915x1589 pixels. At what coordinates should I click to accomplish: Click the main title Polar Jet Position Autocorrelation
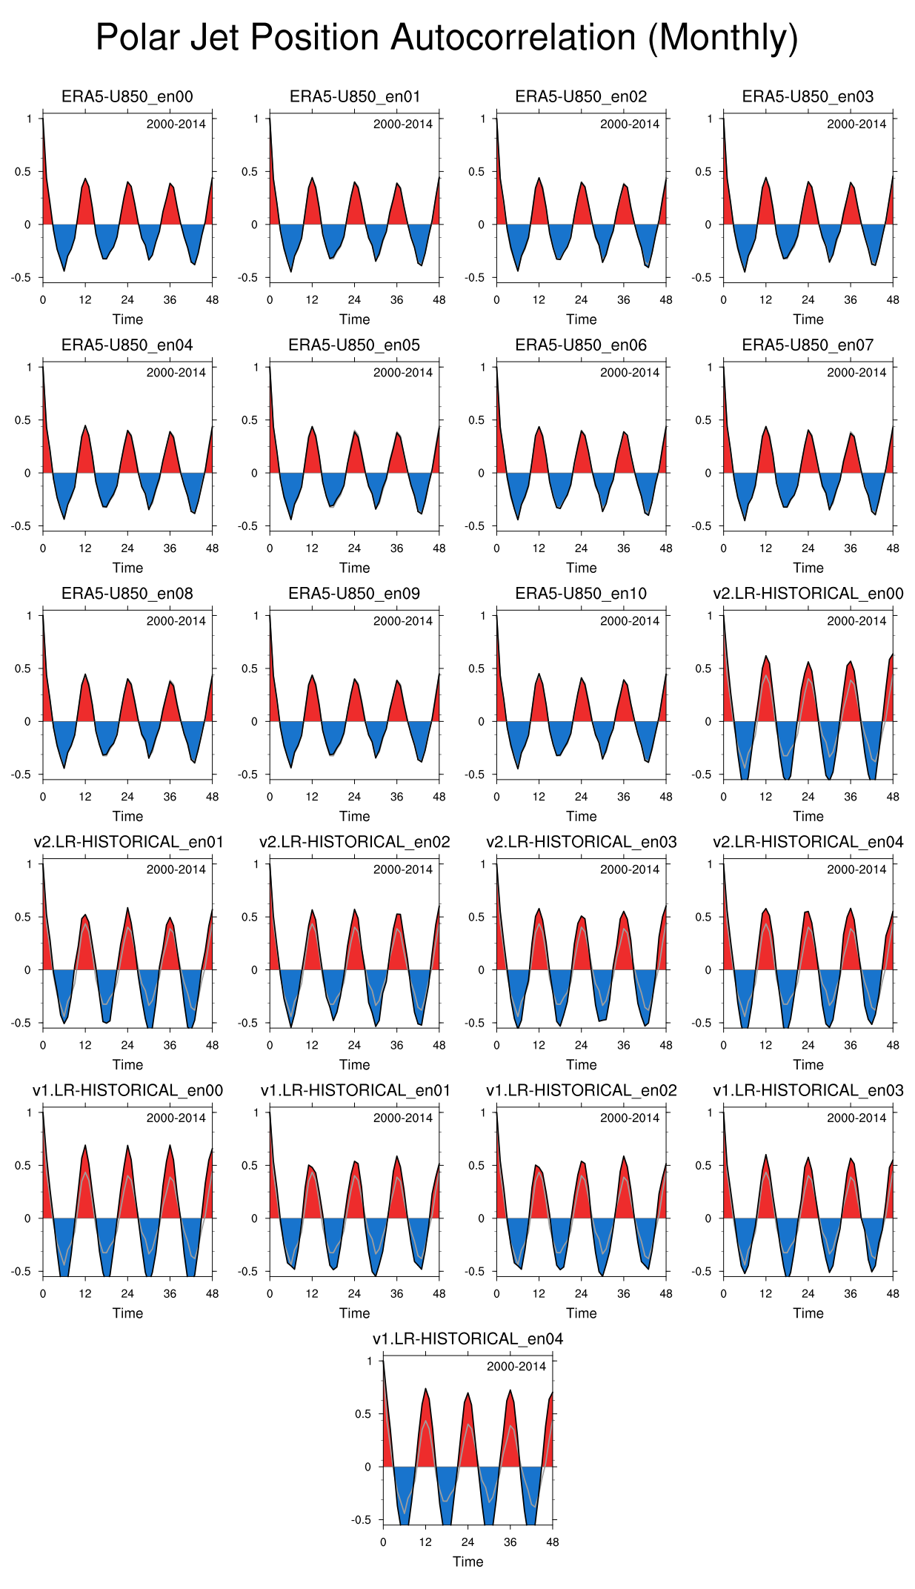click(447, 38)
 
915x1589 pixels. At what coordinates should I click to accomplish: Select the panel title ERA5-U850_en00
click(127, 96)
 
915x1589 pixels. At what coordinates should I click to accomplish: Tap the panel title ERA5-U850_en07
click(808, 345)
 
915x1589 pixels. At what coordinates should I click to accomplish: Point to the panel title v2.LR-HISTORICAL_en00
click(808, 593)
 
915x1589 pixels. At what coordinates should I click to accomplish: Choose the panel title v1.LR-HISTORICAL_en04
click(468, 1338)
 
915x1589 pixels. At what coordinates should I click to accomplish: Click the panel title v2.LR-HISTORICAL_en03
click(581, 842)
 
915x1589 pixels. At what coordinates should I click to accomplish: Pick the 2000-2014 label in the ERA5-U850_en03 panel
click(856, 124)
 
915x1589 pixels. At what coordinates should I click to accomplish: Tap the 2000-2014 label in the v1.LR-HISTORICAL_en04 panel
click(516, 1366)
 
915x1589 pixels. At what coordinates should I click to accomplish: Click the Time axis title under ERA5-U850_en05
click(354, 568)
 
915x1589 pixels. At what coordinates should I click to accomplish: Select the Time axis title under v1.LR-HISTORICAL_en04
click(468, 1562)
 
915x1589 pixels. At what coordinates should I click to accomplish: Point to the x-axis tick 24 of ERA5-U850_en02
click(581, 299)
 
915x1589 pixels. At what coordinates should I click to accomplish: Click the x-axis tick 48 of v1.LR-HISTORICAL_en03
click(893, 1293)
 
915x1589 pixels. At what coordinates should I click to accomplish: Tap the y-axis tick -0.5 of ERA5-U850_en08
click(24, 774)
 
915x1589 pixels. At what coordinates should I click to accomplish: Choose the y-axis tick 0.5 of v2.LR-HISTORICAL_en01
click(24, 917)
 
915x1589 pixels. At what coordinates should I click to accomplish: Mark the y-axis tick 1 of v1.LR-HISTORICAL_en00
click(29, 1112)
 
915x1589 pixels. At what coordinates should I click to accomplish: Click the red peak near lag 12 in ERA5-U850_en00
click(85, 200)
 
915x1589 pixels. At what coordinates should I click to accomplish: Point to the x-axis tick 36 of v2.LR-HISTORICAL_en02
click(396, 1045)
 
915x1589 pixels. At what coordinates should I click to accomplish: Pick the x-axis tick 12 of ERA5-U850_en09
click(312, 797)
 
